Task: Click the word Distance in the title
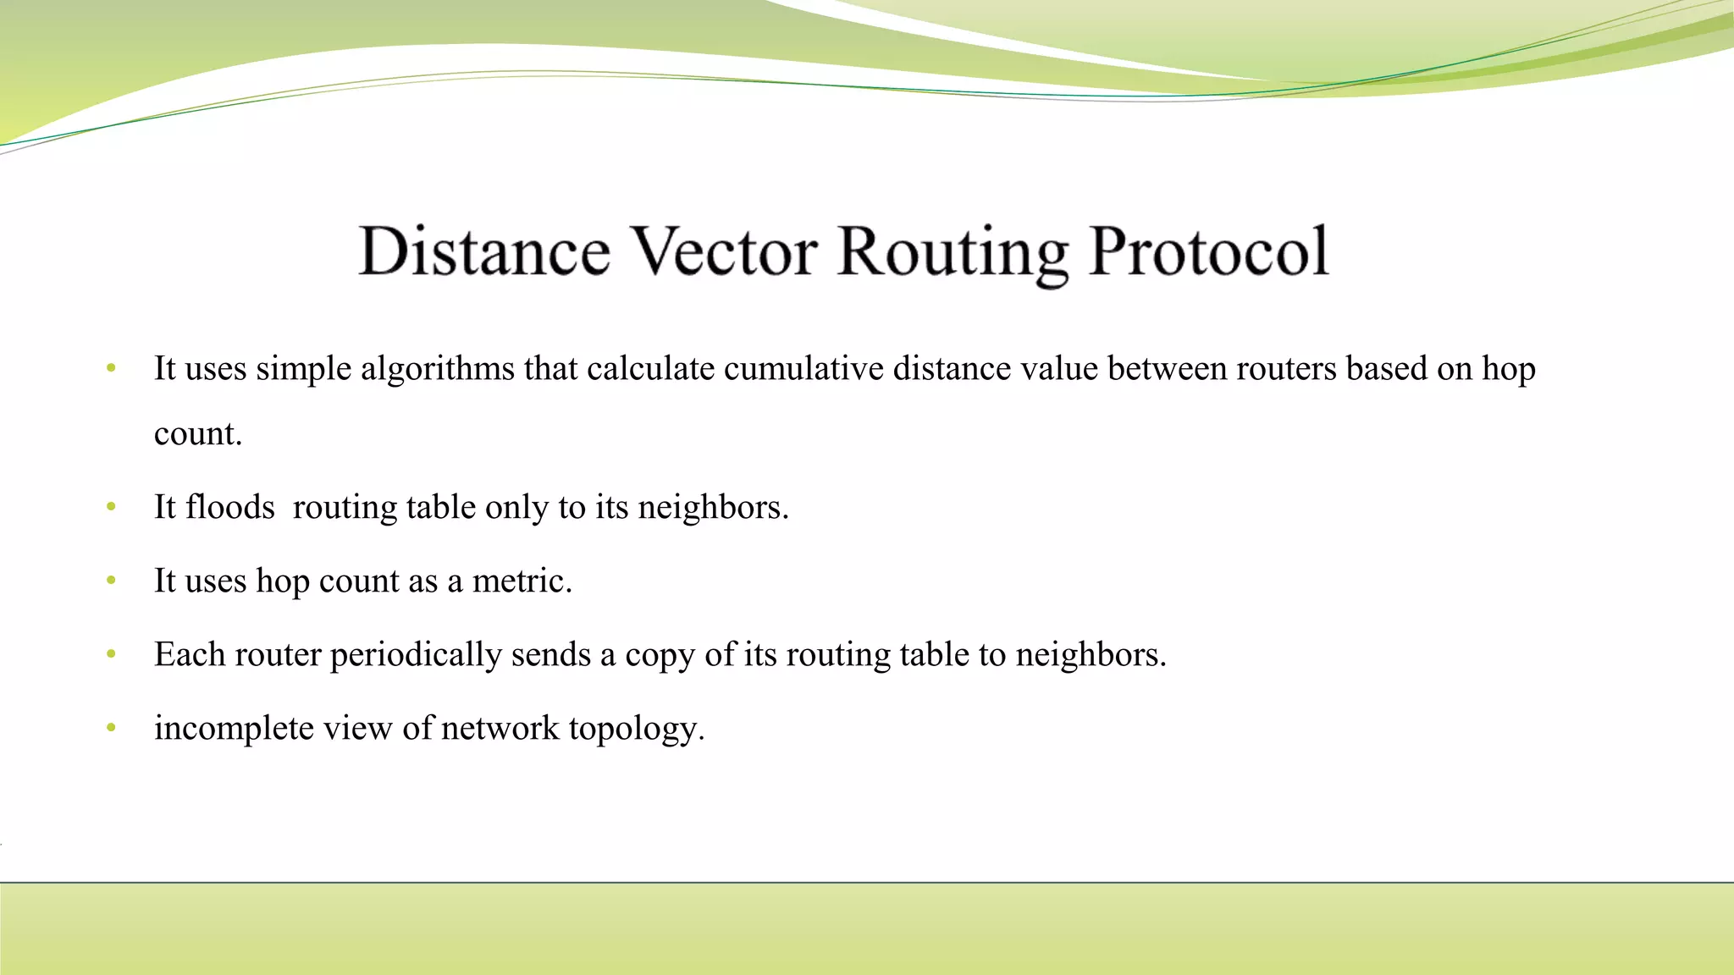coord(484,251)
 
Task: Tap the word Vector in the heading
coord(725,251)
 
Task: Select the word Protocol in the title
coord(1209,251)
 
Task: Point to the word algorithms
coord(438,369)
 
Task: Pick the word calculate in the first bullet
coord(650,369)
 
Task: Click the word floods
coord(230,507)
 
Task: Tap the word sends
coord(550,654)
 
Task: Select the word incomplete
coord(234,728)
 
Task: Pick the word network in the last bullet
coord(500,728)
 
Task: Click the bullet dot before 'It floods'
coord(111,507)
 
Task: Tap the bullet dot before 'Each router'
coord(111,654)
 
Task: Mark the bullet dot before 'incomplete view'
coord(111,728)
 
